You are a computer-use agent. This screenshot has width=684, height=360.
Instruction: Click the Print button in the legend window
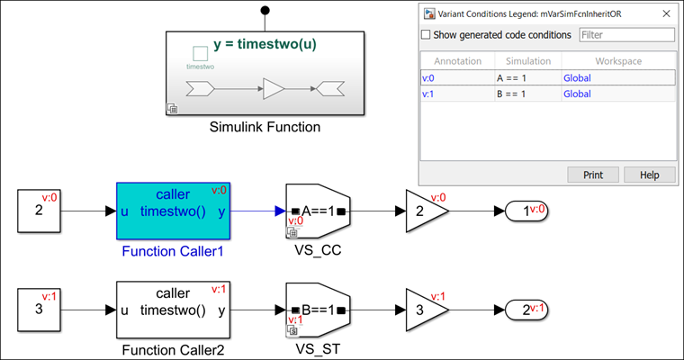click(x=592, y=175)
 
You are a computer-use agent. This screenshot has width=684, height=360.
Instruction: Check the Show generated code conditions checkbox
click(x=427, y=35)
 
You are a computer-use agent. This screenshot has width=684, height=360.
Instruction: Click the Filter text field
click(x=625, y=35)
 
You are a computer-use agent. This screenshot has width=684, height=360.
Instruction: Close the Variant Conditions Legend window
click(x=665, y=13)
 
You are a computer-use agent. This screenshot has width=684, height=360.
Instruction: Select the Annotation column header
click(x=457, y=60)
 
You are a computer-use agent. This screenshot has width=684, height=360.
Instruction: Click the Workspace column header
click(x=618, y=60)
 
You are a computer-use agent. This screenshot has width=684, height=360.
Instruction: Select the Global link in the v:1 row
click(x=578, y=94)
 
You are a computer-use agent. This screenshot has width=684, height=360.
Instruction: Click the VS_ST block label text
click(x=315, y=346)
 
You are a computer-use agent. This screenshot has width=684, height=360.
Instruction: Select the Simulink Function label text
click(x=265, y=127)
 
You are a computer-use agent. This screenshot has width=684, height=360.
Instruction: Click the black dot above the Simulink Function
click(x=265, y=11)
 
